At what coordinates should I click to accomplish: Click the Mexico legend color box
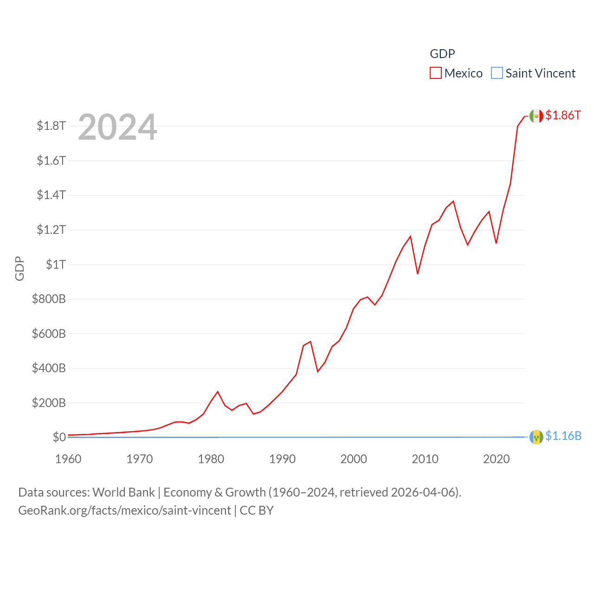coord(435,73)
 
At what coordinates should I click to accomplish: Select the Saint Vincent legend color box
coord(497,73)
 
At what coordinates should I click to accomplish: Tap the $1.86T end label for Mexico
coord(563,115)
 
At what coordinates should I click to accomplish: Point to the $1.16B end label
coord(563,436)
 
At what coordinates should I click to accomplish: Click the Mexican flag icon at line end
coord(536,116)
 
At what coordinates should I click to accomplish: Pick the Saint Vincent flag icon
coord(536,437)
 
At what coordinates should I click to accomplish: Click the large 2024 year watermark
coord(117,127)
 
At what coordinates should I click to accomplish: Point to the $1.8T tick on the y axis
coord(51,126)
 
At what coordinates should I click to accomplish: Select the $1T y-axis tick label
coord(56,265)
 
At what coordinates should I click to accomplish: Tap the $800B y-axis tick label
coord(49,299)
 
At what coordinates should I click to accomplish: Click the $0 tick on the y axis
coord(59,437)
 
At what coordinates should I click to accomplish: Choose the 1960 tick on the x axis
coord(68,459)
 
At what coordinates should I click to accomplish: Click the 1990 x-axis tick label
coord(282,459)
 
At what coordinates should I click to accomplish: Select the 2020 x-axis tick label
coord(496,459)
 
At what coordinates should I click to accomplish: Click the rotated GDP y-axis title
coord(19,268)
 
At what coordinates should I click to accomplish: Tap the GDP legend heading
coord(442,54)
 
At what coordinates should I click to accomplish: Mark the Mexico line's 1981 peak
coord(218,392)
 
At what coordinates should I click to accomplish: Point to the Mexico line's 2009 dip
coord(418,274)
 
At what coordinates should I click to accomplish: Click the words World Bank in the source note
coord(123,492)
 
